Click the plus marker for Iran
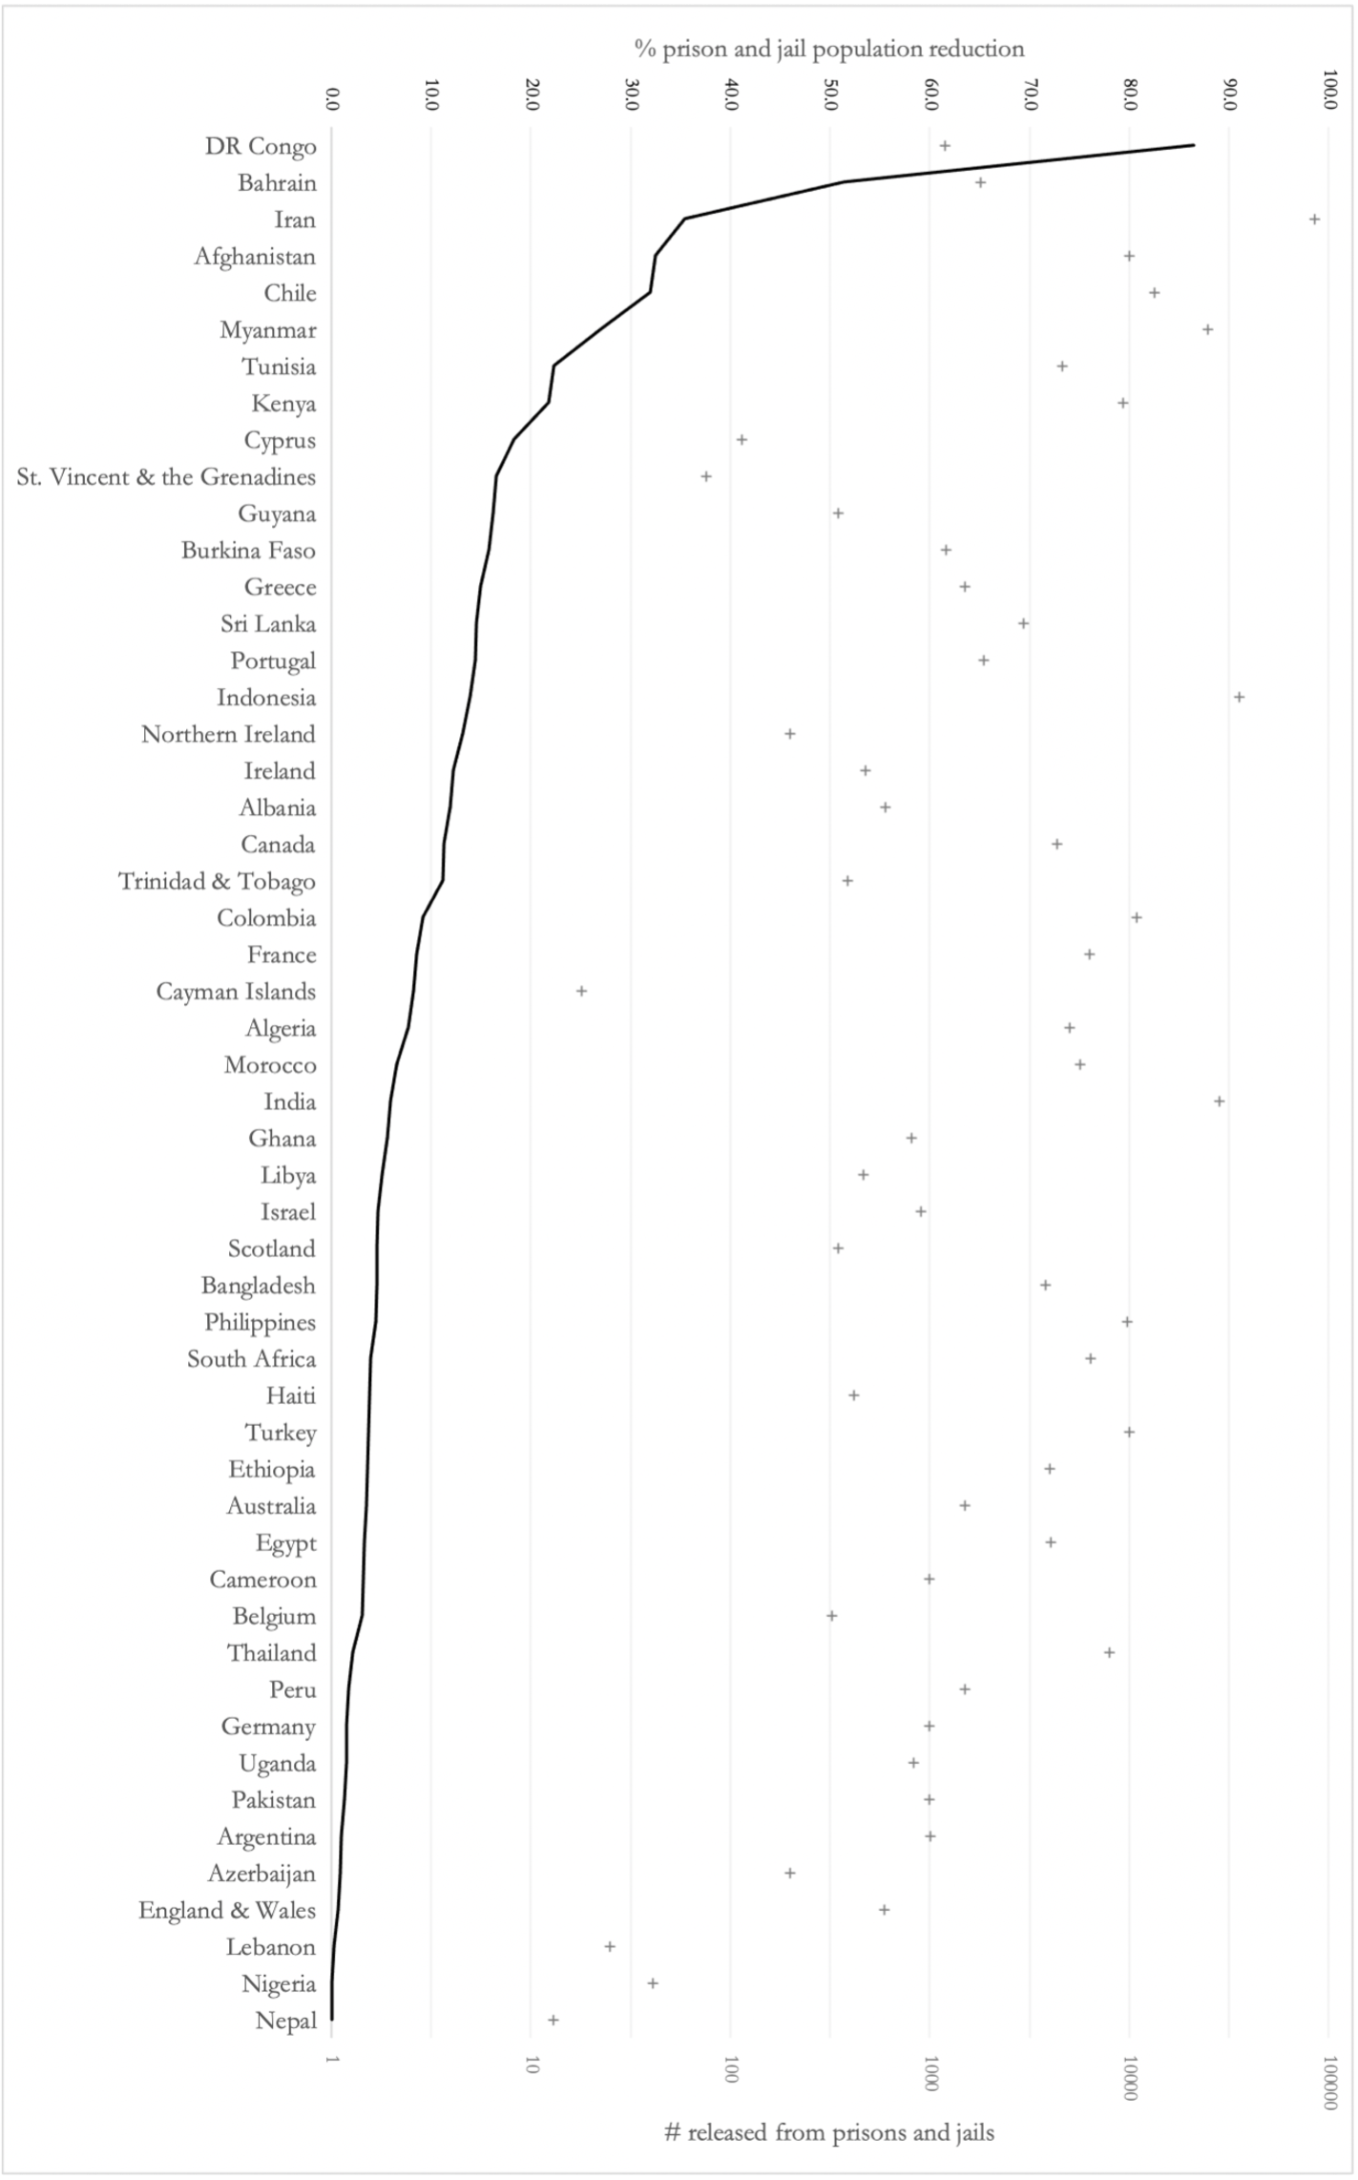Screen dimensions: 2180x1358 (x=1314, y=220)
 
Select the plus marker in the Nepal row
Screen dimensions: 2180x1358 (x=553, y=2020)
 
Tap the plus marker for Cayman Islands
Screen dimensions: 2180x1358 (x=581, y=991)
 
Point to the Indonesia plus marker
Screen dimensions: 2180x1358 (x=1239, y=697)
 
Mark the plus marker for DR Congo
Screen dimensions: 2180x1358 (x=945, y=146)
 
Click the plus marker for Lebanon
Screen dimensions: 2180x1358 (x=610, y=1946)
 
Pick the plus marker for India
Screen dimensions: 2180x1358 (x=1219, y=1101)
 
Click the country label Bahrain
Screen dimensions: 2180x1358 (x=277, y=183)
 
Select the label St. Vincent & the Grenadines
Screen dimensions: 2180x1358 (x=166, y=477)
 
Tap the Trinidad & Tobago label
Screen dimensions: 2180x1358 (x=217, y=882)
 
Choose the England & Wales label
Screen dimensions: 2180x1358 (x=227, y=1910)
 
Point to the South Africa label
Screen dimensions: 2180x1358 (x=251, y=1359)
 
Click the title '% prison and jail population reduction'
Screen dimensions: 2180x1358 (x=829, y=49)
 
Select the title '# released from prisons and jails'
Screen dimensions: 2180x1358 (x=829, y=2132)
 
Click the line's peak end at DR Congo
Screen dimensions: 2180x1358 (x=1194, y=145)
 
